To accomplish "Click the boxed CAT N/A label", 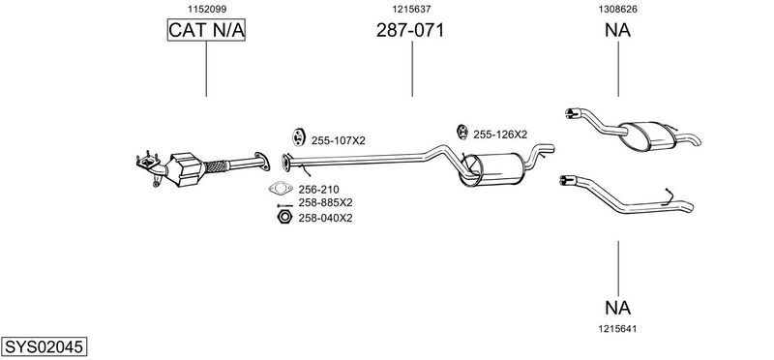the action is [x=206, y=30].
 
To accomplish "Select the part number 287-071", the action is [x=410, y=30].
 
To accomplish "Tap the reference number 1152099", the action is [x=207, y=9].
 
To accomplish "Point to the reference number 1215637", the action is [x=412, y=9].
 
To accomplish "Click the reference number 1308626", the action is [x=617, y=9].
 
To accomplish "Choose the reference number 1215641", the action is [x=617, y=328].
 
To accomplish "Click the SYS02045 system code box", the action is [x=44, y=346].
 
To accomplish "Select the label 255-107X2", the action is [x=338, y=140].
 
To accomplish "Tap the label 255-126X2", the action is [x=500, y=135].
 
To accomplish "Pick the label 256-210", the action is [x=318, y=189].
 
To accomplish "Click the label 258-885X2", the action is [x=325, y=202].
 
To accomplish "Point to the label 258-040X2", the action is [x=325, y=218].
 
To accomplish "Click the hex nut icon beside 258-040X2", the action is [x=283, y=217].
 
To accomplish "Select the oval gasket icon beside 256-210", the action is [x=281, y=188].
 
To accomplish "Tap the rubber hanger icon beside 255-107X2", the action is [x=298, y=136].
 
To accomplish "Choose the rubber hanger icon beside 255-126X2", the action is [x=462, y=132].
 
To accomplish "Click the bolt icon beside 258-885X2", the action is [x=284, y=205].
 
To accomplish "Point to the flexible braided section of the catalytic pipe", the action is [x=216, y=166].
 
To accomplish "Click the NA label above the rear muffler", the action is [x=617, y=30].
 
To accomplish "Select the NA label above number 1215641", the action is [x=617, y=308].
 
